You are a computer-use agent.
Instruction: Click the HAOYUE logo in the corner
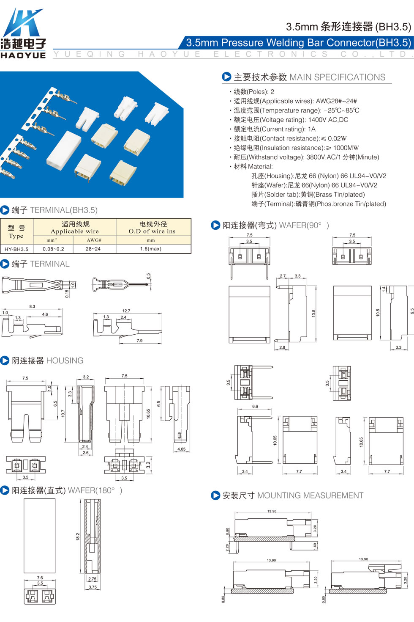23,33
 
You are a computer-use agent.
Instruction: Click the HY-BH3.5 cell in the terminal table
16,249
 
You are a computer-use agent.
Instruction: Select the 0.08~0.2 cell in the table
53,249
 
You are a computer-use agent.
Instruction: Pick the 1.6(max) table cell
150,249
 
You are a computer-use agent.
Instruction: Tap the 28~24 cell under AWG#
93,249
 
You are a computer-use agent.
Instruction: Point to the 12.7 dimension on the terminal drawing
126,311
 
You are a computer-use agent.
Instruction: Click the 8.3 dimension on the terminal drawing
32,306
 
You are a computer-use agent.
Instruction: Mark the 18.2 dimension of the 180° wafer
78,537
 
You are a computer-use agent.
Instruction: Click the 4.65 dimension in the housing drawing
181,449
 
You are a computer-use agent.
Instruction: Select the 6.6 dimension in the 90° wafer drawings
255,406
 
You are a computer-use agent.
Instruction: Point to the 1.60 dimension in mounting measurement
315,546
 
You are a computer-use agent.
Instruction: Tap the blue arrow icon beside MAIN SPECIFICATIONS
226,77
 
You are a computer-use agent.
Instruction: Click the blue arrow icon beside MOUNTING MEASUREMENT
215,495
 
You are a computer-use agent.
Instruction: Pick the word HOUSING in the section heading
65,361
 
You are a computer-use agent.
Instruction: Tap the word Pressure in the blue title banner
242,42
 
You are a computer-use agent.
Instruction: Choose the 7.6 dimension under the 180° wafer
40,578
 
